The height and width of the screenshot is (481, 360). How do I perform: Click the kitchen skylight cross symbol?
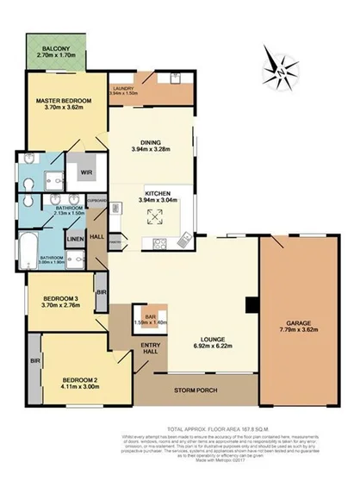157,220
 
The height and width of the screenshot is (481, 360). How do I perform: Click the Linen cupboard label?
76,239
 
